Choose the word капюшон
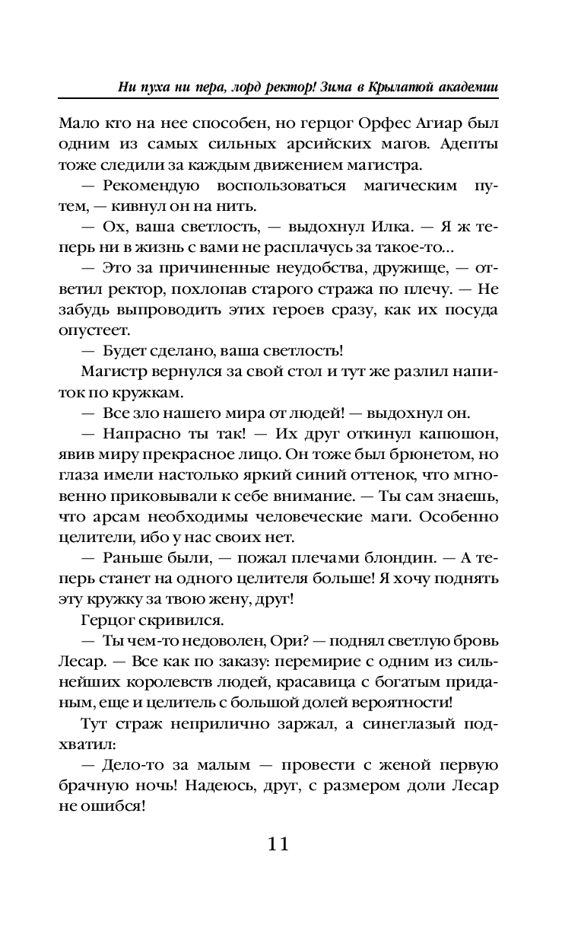(464, 435)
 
